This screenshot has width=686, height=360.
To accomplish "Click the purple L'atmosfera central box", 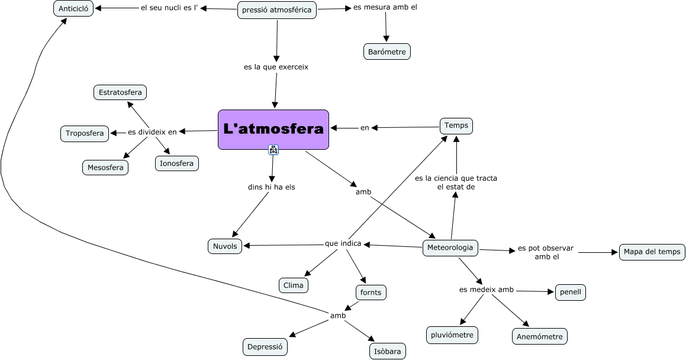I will pyautogui.click(x=273, y=129).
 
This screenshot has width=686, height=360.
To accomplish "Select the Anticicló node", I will pyautogui.click(x=73, y=8).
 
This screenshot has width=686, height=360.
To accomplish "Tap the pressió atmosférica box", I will pyautogui.click(x=277, y=10).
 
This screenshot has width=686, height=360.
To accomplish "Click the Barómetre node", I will pyautogui.click(x=387, y=52).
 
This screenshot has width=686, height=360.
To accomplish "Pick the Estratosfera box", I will pyautogui.click(x=120, y=92).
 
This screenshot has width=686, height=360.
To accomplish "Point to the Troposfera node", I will pyautogui.click(x=85, y=133).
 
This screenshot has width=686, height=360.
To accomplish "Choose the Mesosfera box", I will pyautogui.click(x=105, y=168).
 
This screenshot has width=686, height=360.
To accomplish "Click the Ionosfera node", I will pyautogui.click(x=177, y=163).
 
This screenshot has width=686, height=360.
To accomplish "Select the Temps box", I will pyautogui.click(x=456, y=126).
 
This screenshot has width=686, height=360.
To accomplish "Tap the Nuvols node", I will pyautogui.click(x=225, y=246).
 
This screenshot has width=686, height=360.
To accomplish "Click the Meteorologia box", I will pyautogui.click(x=450, y=247).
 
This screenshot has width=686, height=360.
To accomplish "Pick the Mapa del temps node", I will pyautogui.click(x=652, y=252).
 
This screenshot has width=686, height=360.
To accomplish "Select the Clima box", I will pyautogui.click(x=294, y=285).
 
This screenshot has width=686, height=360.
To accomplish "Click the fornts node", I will pyautogui.click(x=371, y=292).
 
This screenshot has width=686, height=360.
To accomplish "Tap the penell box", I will pyautogui.click(x=571, y=292).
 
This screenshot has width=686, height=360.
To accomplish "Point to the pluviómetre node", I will pyautogui.click(x=452, y=335).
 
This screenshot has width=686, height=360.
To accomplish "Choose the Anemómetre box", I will pyautogui.click(x=539, y=336).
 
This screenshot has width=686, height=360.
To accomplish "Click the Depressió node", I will pyautogui.click(x=265, y=347).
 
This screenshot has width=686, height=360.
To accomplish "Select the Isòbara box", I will pyautogui.click(x=388, y=351).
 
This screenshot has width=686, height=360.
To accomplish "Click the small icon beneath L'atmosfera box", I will pyautogui.click(x=273, y=150).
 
